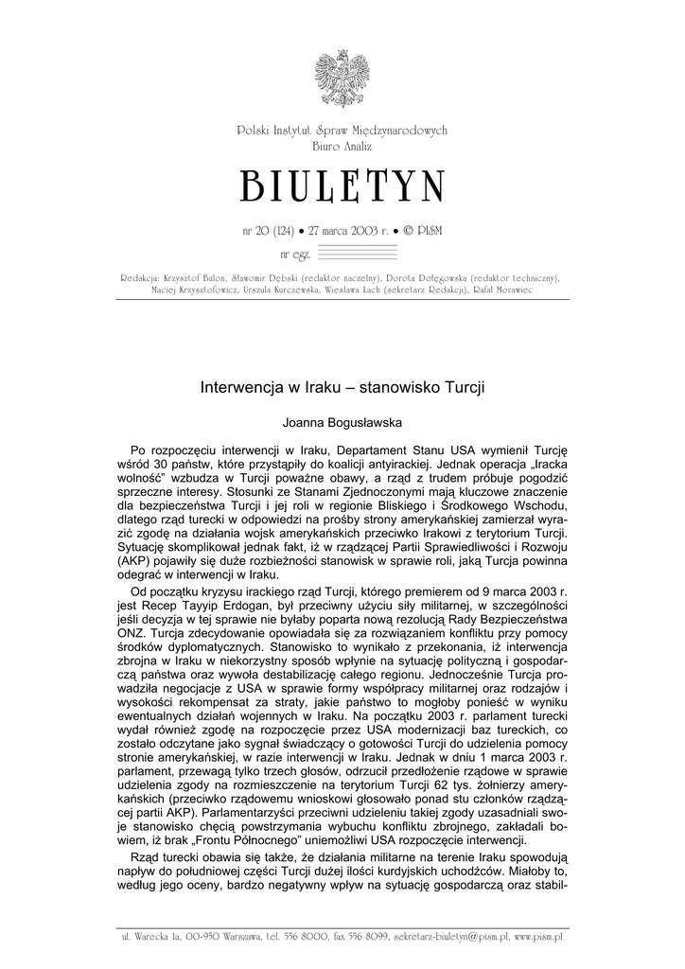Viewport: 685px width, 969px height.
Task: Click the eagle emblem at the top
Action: tap(342, 79)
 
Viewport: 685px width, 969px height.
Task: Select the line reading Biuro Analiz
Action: tap(342, 148)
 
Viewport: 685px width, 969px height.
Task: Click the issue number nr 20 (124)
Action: tap(271, 231)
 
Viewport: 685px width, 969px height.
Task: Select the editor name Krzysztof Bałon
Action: tap(195, 278)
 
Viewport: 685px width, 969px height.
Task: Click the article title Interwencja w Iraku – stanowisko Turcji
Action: tap(342, 387)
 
